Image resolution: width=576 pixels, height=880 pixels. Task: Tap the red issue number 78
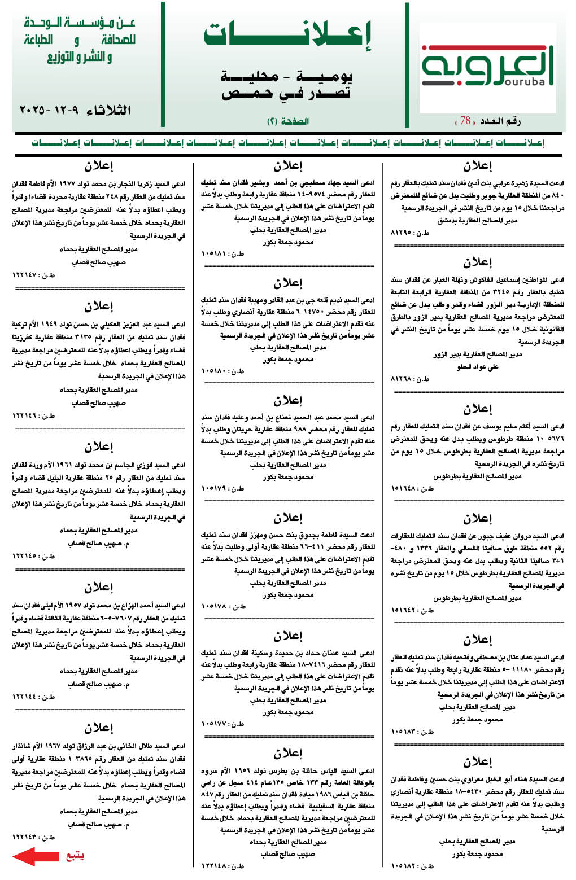click(465, 120)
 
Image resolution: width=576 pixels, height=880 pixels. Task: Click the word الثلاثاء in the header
click(108, 110)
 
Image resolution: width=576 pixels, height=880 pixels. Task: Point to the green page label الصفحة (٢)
click(287, 121)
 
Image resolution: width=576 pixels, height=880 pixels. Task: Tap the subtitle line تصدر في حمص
click(286, 94)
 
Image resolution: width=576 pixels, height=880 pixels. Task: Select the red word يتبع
click(75, 856)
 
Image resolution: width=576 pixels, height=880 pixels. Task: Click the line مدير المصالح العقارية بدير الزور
click(477, 354)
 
